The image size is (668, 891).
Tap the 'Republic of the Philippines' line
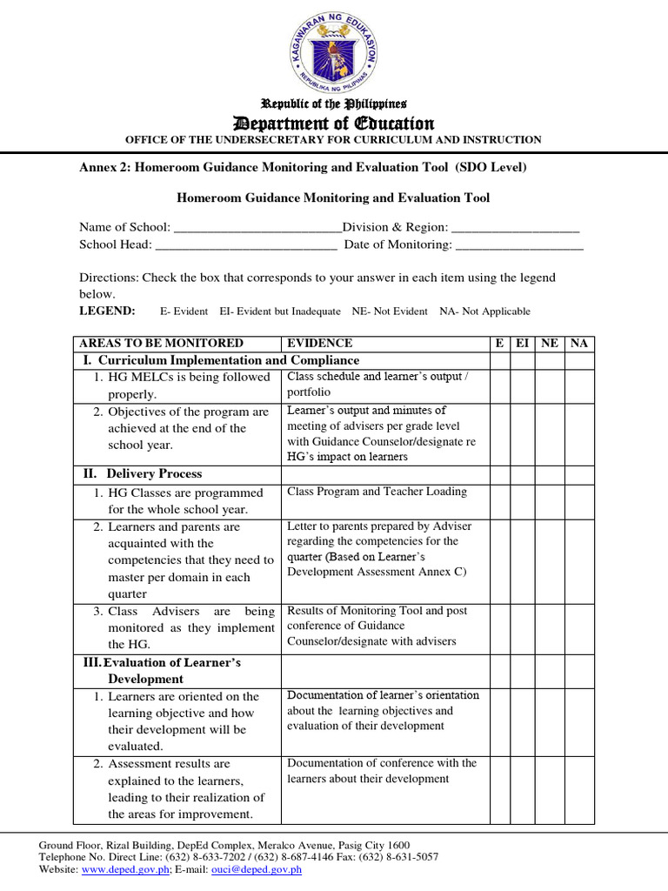tap(334, 104)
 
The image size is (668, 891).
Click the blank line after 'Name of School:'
tap(258, 227)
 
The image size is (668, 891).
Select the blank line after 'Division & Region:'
tap(516, 227)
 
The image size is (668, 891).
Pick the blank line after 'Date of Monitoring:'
tap(519, 245)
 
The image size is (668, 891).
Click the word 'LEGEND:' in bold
tap(107, 311)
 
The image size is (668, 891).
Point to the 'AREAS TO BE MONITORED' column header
tap(161, 343)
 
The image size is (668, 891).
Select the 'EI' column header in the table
tap(522, 343)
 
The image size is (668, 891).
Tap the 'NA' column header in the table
tap(579, 343)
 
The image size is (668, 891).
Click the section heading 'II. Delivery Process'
tap(143, 474)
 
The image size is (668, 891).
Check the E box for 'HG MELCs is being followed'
tap(499, 385)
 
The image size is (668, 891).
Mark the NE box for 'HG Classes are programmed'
tap(550, 500)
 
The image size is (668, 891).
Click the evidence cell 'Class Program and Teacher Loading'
tap(377, 492)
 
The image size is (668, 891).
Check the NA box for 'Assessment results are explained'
tap(579, 788)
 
